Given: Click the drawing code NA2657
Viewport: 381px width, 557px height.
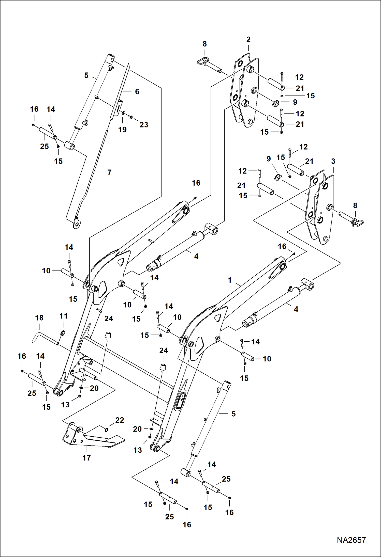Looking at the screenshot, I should (x=351, y=540).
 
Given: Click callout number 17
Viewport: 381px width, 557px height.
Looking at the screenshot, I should (x=86, y=458).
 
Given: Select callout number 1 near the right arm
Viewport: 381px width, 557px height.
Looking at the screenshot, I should (x=230, y=280).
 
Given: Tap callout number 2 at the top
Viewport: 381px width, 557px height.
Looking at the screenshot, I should (x=248, y=39).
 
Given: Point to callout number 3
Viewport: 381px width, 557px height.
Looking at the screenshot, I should (x=333, y=161).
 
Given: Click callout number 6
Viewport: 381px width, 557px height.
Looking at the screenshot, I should (x=137, y=91).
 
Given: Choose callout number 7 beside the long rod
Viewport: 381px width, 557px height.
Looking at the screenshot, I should (x=109, y=172).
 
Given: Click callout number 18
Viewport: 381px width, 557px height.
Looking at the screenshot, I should (x=39, y=318).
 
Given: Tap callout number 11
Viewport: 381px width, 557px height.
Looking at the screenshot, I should (x=63, y=316).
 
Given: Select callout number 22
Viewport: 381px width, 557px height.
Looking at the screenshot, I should (x=120, y=420).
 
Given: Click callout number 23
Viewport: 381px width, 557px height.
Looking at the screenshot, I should (x=144, y=124).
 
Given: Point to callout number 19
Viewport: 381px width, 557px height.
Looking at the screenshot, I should (x=122, y=130).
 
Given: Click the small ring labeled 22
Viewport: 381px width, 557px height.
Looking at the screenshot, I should (x=107, y=429).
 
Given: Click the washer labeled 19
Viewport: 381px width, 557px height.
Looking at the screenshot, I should (x=123, y=113).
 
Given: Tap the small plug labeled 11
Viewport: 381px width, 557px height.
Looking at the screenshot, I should (x=63, y=333).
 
